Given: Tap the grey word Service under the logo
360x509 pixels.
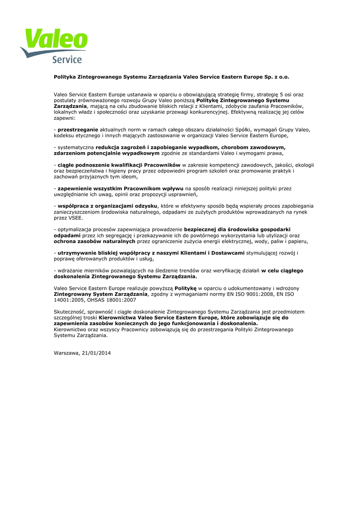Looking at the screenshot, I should pyautogui.click(x=67, y=60).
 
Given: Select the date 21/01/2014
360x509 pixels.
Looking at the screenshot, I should pyautogui.click(x=96, y=353).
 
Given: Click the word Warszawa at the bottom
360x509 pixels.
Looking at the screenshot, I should pyautogui.click(x=67, y=353).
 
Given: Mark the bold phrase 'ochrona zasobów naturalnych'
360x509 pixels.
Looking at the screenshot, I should pyautogui.click(x=94, y=241).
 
